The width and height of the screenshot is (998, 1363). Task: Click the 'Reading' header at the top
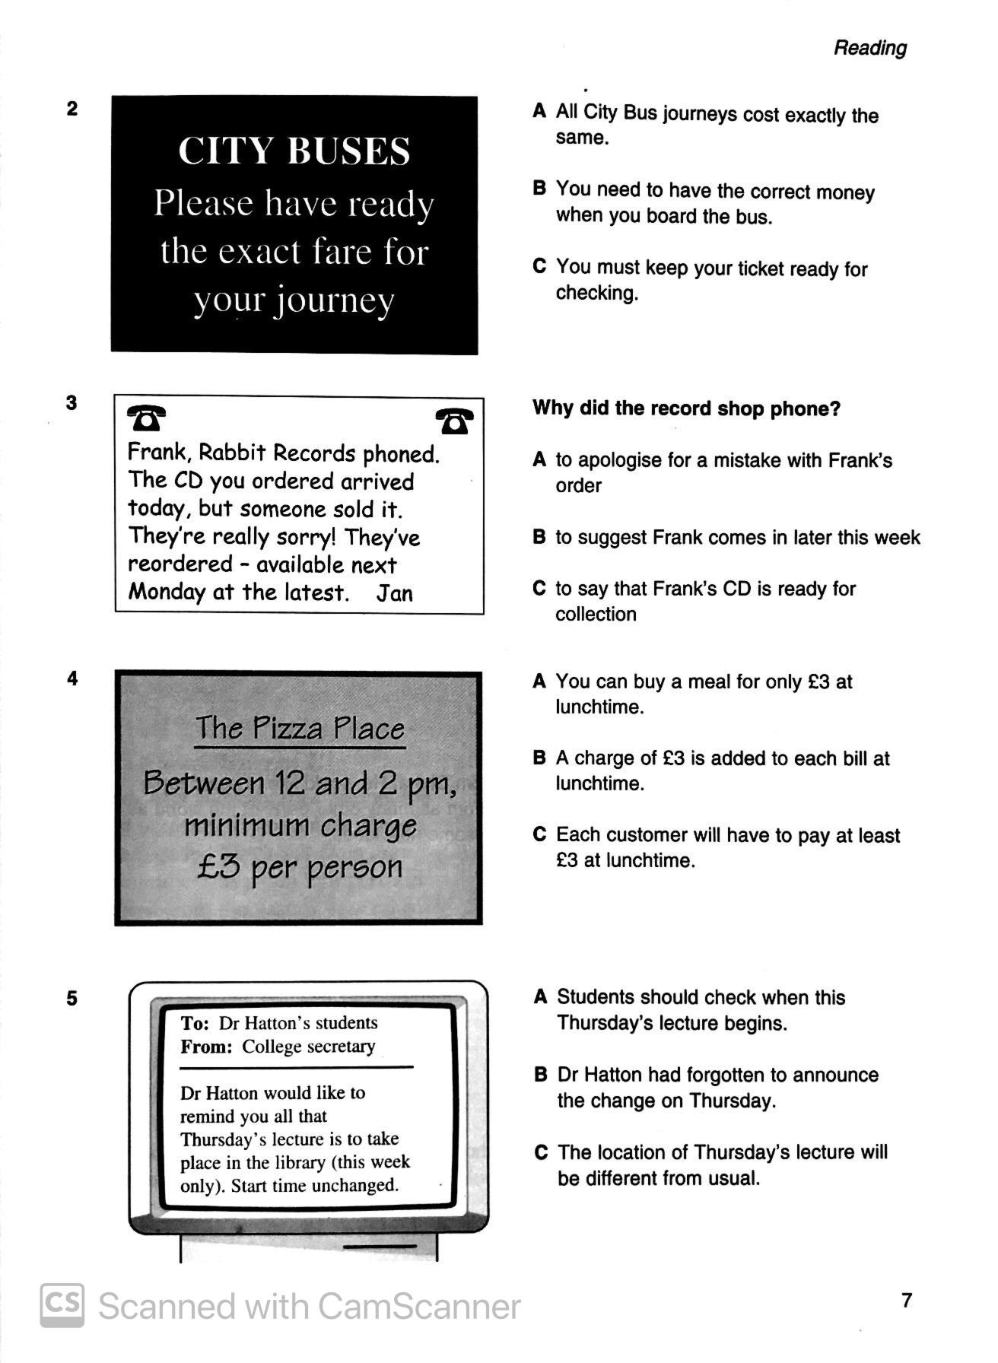[870, 48]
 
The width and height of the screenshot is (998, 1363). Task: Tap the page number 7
[906, 1300]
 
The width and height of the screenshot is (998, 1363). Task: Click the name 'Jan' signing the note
[395, 593]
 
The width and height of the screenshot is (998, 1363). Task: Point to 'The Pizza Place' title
[300, 728]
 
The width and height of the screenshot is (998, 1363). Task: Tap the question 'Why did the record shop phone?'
[686, 408]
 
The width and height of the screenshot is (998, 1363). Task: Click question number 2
[72, 109]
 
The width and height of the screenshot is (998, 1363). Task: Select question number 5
[72, 998]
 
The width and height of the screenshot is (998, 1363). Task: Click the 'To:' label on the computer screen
[195, 1023]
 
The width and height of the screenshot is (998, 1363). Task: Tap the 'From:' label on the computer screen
[206, 1047]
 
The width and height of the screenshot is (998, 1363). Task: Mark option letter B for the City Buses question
[539, 189]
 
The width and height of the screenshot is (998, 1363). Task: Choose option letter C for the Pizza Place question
[539, 834]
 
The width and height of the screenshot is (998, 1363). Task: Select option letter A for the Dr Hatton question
[541, 997]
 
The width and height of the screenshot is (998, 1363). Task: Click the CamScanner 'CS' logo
[62, 1305]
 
